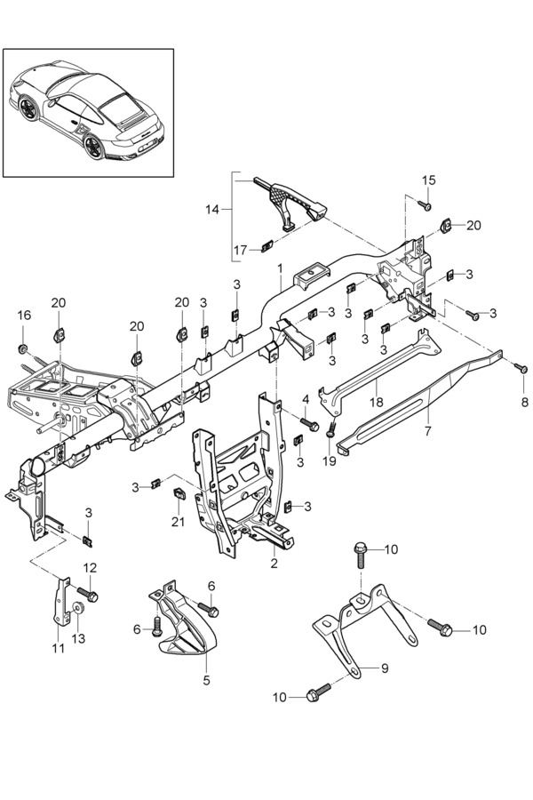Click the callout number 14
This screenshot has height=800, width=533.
tap(212, 209)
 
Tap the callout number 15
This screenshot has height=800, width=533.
tap(429, 180)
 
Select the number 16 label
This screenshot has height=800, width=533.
tap(24, 316)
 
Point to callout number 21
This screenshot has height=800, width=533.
tap(178, 522)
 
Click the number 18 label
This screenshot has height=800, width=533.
tap(377, 402)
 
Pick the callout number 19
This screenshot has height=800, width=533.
tap(330, 461)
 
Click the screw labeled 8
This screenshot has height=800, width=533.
tap(521, 367)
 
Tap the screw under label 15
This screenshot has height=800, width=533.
tap(426, 205)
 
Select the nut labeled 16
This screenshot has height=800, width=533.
tap(23, 349)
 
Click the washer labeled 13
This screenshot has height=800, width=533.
tap(78, 608)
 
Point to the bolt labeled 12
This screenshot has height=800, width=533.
tap(88, 594)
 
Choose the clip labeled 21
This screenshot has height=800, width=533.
tap(179, 494)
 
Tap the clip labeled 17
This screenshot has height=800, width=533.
tap(266, 247)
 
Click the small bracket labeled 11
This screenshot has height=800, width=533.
tap(62, 602)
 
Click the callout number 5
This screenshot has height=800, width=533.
tap(207, 680)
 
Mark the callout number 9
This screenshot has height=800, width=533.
tap(385, 668)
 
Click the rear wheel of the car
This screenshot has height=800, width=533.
tap(94, 147)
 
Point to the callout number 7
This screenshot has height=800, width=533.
tap(427, 430)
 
